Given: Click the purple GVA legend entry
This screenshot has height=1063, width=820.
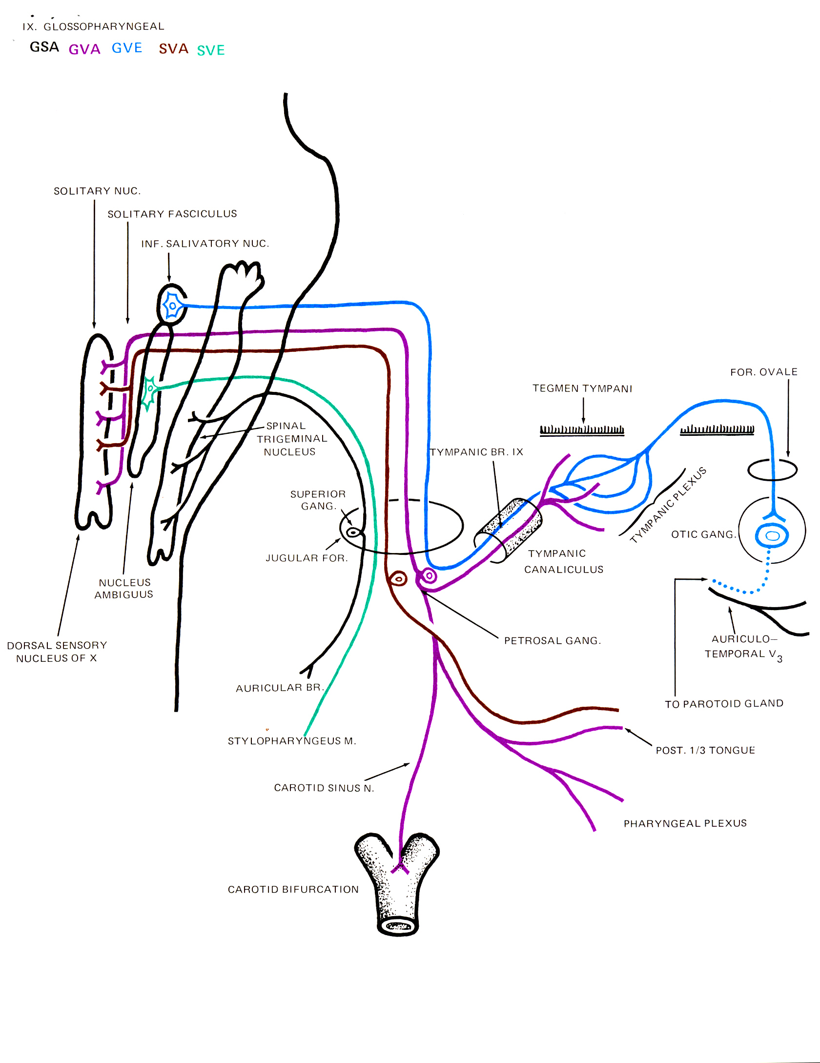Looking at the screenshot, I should click(84, 49).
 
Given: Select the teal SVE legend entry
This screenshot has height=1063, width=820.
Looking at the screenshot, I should click(211, 50).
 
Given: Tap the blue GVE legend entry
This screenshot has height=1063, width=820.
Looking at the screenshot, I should click(127, 48).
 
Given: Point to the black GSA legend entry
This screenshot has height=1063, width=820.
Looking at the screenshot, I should click(44, 47).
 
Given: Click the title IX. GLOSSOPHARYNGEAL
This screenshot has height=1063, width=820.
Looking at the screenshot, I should click(93, 26).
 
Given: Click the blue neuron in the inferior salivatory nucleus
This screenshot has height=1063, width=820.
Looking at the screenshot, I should click(172, 306).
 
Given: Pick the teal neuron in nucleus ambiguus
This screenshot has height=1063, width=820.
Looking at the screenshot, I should click(149, 390).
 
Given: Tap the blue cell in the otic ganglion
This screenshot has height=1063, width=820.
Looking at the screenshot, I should click(772, 536).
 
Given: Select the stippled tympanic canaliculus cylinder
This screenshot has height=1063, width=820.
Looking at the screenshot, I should click(509, 530).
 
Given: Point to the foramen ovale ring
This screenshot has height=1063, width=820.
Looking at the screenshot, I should click(772, 470).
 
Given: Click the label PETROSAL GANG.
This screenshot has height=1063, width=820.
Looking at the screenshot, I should click(553, 641).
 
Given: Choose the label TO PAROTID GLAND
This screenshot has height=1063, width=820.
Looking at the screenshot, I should click(724, 704).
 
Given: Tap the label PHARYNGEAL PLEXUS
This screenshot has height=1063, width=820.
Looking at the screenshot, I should click(685, 824).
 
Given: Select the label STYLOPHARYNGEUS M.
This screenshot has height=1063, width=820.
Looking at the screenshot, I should click(292, 741).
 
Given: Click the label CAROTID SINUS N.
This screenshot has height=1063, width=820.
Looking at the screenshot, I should click(324, 788).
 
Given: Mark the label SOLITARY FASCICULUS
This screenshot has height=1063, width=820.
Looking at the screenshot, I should click(172, 214).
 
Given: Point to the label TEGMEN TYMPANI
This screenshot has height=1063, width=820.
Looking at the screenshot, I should click(582, 388).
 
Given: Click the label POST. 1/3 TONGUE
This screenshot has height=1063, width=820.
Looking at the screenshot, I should click(705, 751).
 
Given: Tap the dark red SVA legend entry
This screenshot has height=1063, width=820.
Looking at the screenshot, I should click(173, 49).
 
